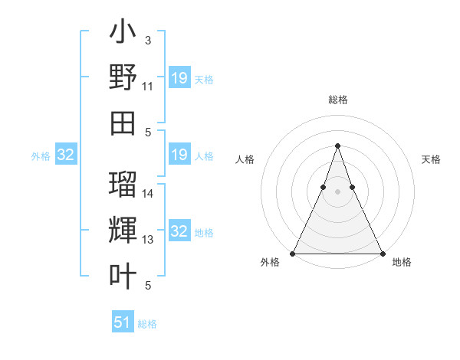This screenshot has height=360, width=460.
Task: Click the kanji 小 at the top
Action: click(x=123, y=34)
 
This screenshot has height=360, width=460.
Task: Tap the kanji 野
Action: click(x=123, y=79)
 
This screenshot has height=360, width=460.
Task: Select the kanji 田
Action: click(x=123, y=123)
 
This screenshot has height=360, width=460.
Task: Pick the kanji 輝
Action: click(x=123, y=231)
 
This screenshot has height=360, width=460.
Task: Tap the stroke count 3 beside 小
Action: click(x=147, y=40)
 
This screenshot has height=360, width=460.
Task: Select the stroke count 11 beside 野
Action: click(x=148, y=87)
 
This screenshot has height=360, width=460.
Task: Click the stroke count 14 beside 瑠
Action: click(x=148, y=193)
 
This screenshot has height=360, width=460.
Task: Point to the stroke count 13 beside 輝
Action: click(x=148, y=240)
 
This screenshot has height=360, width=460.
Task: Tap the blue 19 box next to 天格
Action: click(x=179, y=78)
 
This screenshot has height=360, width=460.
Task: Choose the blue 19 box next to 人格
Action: click(x=179, y=155)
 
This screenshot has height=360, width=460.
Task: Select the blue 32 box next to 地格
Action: click(x=179, y=231)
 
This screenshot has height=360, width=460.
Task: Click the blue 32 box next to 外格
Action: click(x=66, y=155)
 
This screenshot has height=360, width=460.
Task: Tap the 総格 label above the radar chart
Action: click(x=337, y=100)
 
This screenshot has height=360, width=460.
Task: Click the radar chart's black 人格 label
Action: click(x=245, y=159)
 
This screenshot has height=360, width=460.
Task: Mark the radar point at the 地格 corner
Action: click(x=382, y=253)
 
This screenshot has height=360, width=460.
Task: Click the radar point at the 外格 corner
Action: click(x=293, y=253)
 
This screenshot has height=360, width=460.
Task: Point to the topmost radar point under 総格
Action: click(x=337, y=146)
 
